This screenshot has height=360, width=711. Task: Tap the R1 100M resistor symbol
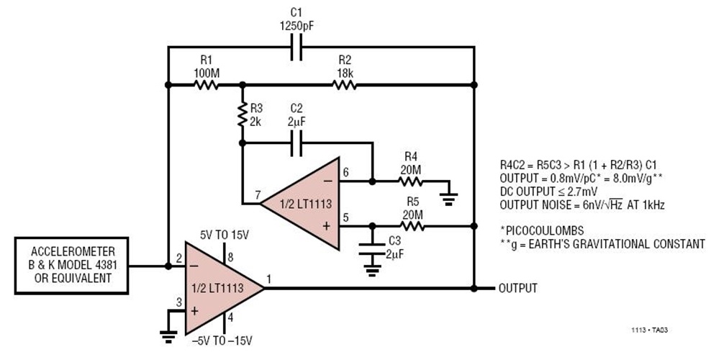[207, 85]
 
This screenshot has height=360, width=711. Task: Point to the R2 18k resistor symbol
[345, 85]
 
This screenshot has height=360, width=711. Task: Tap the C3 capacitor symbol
[372, 246]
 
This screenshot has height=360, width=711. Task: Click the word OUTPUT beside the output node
[517, 288]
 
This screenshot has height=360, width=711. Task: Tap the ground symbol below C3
[372, 271]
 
